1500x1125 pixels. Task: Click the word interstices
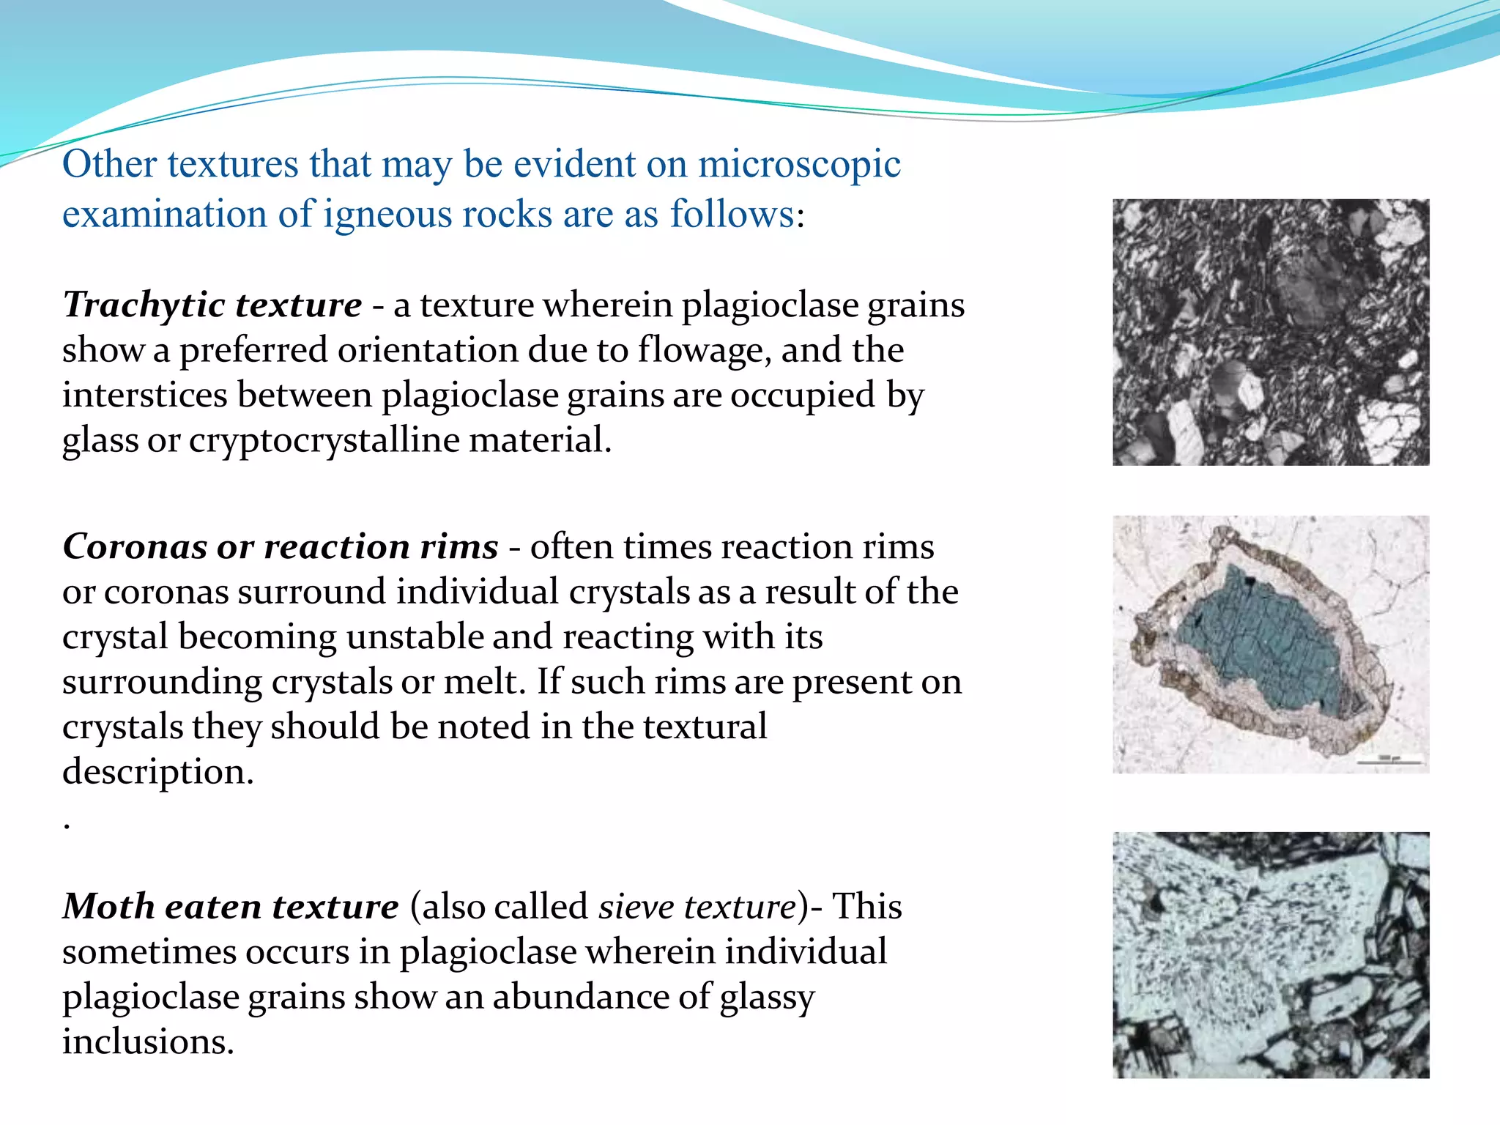[144, 396]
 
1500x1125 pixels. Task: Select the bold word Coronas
[134, 547]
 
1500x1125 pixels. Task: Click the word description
[157, 772]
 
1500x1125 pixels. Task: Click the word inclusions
[148, 1042]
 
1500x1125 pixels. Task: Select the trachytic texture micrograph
[1271, 332]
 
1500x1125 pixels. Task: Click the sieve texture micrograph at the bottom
[1271, 954]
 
